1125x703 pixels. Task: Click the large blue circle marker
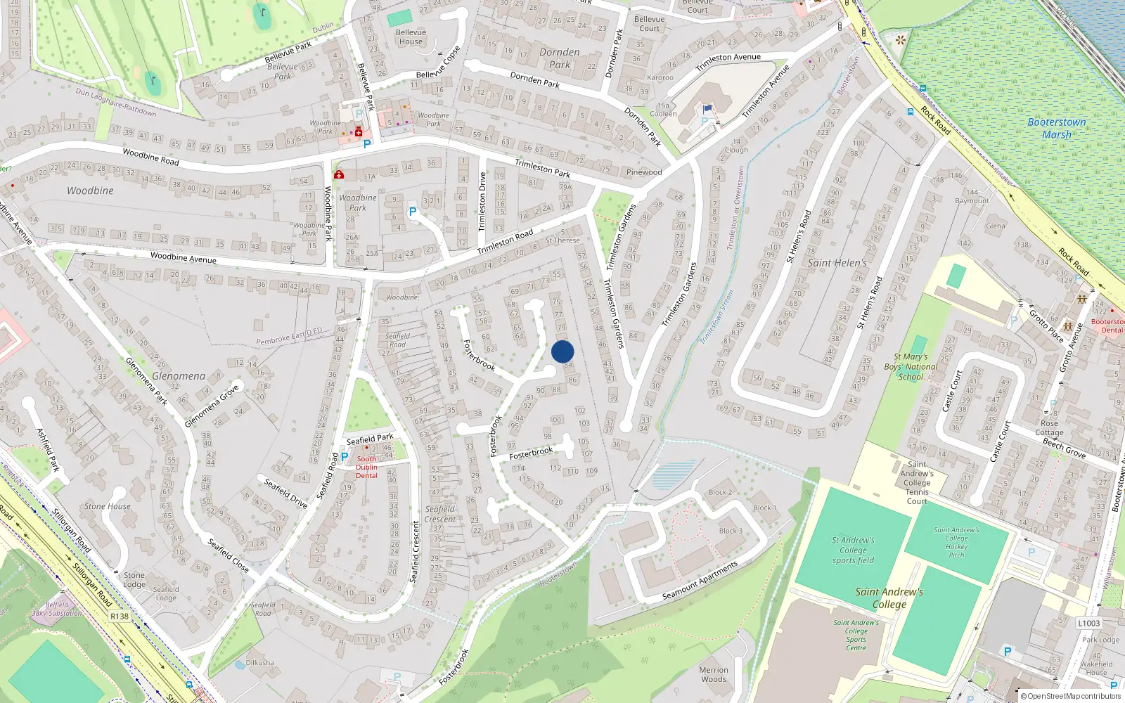(562, 351)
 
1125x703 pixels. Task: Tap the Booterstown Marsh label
(1057, 128)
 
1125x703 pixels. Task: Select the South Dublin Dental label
(366, 467)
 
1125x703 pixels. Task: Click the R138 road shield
(120, 617)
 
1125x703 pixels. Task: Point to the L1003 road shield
(1088, 623)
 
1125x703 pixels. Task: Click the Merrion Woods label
(714, 674)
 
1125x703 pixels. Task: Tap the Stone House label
(108, 506)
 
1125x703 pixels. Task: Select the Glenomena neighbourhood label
(179, 376)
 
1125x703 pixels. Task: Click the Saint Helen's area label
(837, 263)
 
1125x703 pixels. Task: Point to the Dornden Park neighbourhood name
(560, 58)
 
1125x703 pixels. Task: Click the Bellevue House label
(411, 37)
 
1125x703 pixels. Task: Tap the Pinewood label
(644, 172)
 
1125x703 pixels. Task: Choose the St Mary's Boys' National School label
(911, 366)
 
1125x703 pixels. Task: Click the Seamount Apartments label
(700, 581)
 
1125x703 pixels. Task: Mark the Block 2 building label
(720, 492)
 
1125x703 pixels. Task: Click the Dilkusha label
(260, 662)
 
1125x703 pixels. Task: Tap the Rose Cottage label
(1049, 427)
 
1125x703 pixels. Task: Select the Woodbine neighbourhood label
(90, 191)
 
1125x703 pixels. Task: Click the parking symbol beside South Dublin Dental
(345, 457)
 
